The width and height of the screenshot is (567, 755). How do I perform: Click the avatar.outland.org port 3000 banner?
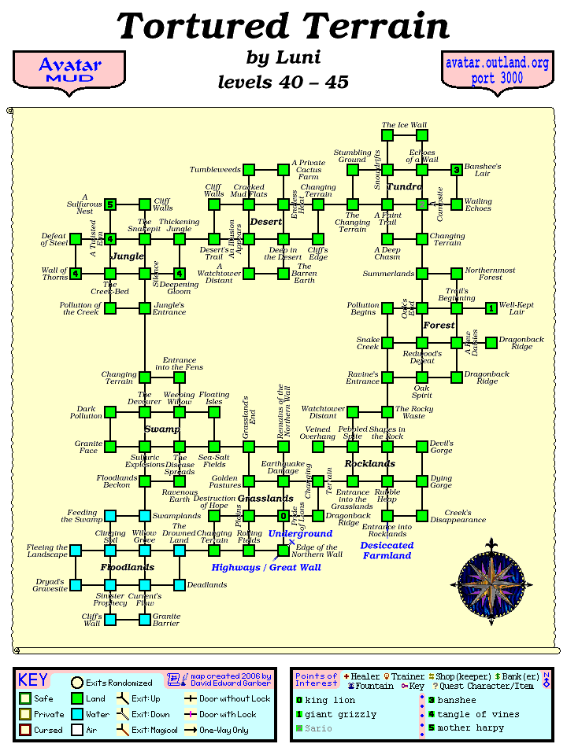(496, 70)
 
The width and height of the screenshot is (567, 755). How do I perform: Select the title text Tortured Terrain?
(283, 27)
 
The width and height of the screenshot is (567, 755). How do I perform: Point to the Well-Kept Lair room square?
(491, 308)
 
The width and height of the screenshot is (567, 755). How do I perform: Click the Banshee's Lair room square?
(457, 170)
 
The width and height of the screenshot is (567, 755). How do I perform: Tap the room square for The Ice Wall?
(387, 135)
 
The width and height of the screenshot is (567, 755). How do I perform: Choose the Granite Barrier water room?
(145, 620)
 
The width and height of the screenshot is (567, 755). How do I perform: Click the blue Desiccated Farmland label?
(387, 550)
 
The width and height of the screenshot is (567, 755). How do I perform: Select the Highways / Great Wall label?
(266, 567)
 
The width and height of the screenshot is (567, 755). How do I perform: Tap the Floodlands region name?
(127, 567)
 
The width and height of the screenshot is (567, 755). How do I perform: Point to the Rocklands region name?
(369, 464)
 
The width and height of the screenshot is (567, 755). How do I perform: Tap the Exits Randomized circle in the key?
(77, 683)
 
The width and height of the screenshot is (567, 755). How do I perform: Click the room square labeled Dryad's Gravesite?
(76, 585)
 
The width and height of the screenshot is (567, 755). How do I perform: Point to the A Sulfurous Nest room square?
(110, 204)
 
